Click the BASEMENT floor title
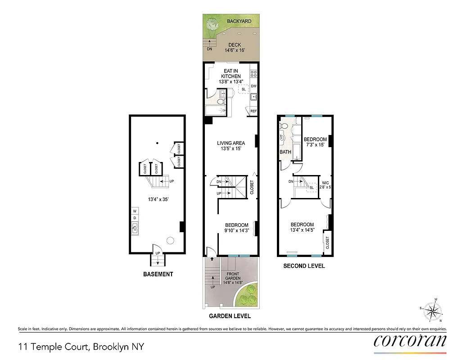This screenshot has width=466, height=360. [158, 274]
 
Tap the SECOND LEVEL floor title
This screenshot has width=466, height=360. [304, 266]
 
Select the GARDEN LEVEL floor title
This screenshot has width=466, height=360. [230, 316]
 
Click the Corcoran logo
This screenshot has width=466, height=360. [410, 340]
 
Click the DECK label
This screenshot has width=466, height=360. [234, 45]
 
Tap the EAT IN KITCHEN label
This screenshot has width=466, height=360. [231, 74]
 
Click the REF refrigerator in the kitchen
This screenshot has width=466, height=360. [253, 111]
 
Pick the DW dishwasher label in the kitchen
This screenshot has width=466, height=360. [253, 86]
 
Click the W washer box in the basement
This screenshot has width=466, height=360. [135, 211]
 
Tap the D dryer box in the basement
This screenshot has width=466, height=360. [135, 218]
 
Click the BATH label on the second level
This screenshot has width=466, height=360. [285, 152]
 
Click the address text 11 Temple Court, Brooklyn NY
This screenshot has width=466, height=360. [81, 346]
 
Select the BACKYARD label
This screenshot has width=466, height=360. [239, 21]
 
